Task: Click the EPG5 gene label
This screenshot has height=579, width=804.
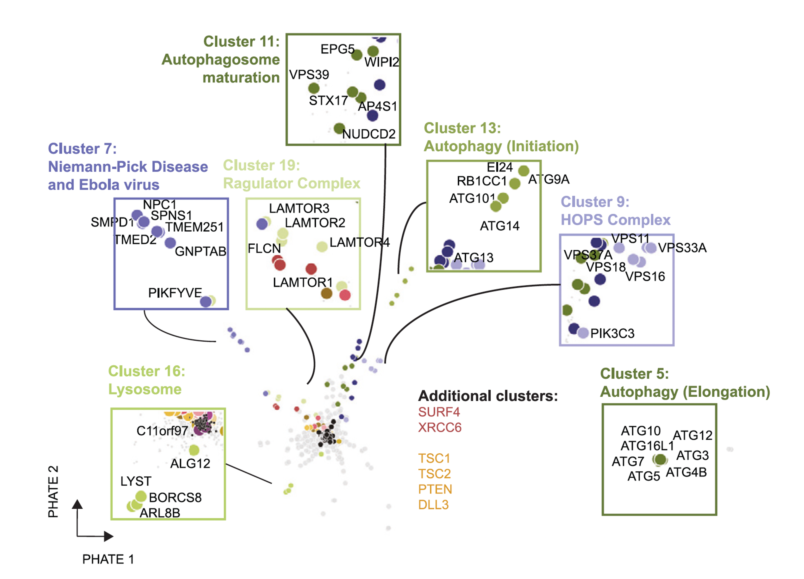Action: coord(337,49)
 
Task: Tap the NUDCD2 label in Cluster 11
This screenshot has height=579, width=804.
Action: coord(369,134)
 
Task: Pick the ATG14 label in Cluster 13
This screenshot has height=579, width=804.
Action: coord(499,226)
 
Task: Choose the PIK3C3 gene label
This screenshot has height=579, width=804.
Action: coord(612,333)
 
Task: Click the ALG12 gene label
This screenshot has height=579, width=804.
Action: coord(190,463)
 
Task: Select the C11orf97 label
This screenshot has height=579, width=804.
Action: coord(162,431)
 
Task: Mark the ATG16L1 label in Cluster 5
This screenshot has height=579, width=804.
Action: coord(647,446)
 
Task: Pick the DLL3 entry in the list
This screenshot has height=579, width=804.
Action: coord(433,505)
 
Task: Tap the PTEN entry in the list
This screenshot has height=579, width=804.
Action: coord(435,489)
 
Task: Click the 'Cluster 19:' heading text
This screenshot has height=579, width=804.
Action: coord(261,166)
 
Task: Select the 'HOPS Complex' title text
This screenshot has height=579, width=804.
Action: coord(615,220)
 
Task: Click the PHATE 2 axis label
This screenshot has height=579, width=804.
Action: coord(53,492)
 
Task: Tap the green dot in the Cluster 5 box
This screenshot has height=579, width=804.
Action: coord(660,460)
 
